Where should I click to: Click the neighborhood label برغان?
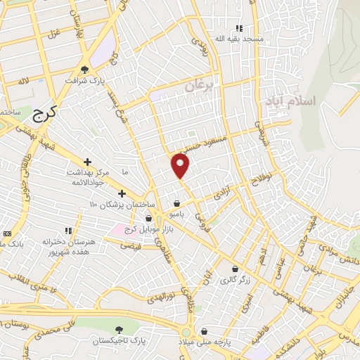(198, 86)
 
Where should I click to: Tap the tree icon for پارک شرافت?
(85, 69)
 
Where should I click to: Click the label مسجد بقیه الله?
(239, 37)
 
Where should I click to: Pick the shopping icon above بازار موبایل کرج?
(148, 219)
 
